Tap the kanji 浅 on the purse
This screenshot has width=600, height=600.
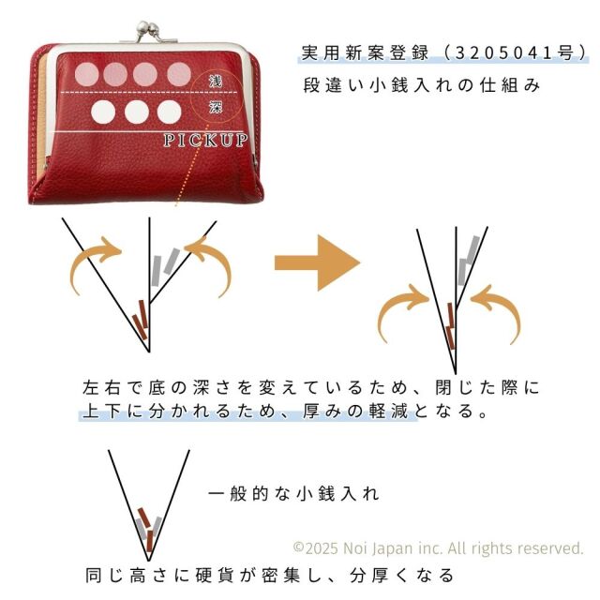pos(216,82)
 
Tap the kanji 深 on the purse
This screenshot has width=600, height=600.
pos(216,108)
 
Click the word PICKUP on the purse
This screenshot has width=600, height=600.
pos(205,141)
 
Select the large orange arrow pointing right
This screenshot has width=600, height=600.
pos(318,262)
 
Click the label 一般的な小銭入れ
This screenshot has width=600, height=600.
pos(293,494)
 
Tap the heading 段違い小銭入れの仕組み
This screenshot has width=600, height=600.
pos(421,85)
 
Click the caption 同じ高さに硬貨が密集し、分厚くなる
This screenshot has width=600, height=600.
pos(270,575)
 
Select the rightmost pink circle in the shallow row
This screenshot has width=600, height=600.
pos(179,74)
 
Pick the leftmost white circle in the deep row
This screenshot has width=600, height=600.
pos(103,112)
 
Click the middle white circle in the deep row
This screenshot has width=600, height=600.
pos(137,112)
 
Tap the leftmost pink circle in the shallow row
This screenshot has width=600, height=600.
pos(87,74)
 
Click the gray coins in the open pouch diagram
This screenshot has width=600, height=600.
pos(165,266)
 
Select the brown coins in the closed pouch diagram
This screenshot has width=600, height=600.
pos(451,326)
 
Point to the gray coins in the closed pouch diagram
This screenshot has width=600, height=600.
pos(469,261)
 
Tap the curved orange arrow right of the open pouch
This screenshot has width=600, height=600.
pos(210,264)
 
